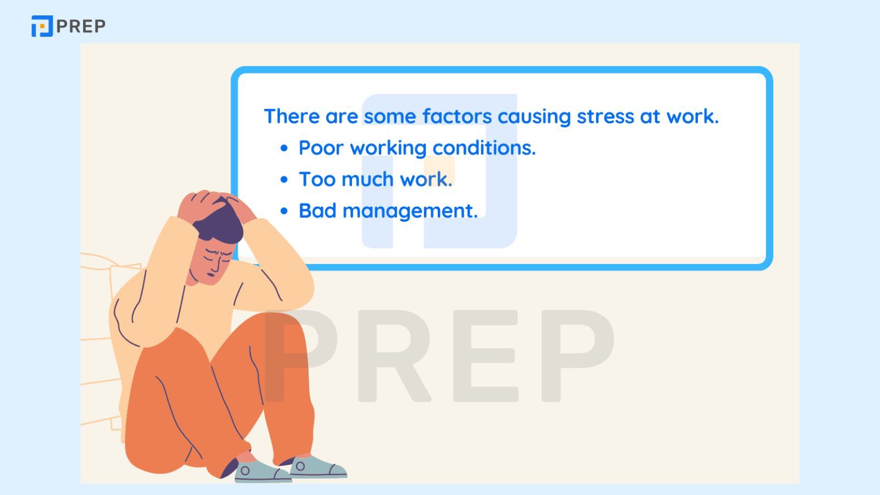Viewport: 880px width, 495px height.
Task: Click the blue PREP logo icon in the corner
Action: (42, 26)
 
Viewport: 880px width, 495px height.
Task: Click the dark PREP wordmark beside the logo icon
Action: (81, 26)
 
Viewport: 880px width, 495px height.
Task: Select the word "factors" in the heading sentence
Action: (457, 116)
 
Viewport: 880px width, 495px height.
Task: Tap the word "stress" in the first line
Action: (605, 116)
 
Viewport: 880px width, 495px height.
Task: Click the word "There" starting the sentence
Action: (291, 116)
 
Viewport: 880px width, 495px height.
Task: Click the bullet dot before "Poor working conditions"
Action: (284, 148)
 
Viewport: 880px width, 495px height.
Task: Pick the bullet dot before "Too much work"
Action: (284, 179)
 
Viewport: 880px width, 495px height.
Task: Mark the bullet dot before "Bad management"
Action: (284, 211)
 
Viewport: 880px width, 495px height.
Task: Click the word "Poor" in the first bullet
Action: (321, 148)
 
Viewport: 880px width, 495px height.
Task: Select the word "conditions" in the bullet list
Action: (484, 148)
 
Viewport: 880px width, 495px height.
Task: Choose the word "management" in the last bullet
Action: (410, 211)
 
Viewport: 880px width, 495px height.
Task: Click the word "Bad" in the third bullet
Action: (318, 211)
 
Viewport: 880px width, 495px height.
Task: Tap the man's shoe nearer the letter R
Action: (318, 467)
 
